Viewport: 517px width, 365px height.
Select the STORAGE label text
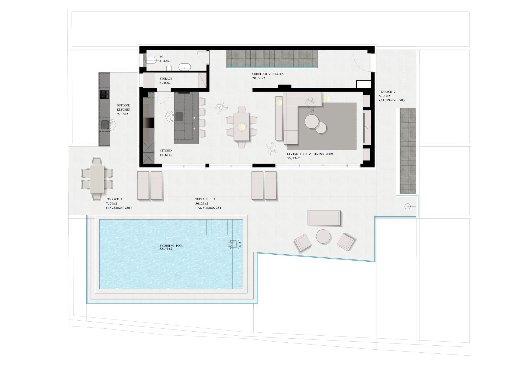pyautogui.click(x=166, y=79)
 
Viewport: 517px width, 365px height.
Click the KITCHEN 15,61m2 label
pyautogui.click(x=166, y=153)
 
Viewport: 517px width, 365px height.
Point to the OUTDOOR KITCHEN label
pyautogui.click(x=123, y=108)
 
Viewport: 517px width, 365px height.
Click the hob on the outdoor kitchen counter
pyautogui.click(x=105, y=94)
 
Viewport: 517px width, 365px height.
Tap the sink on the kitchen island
pyautogui.click(x=179, y=117)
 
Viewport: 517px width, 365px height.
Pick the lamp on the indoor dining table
pyautogui.click(x=242, y=127)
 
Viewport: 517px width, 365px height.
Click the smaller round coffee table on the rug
pyautogui.click(x=321, y=128)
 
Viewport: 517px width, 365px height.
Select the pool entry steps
pyautogui.click(x=225, y=227)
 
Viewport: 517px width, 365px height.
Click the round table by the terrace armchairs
pyautogui.click(x=323, y=237)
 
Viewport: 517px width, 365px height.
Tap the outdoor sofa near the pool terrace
pyautogui.click(x=324, y=218)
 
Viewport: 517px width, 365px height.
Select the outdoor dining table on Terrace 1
pyautogui.click(x=97, y=179)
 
